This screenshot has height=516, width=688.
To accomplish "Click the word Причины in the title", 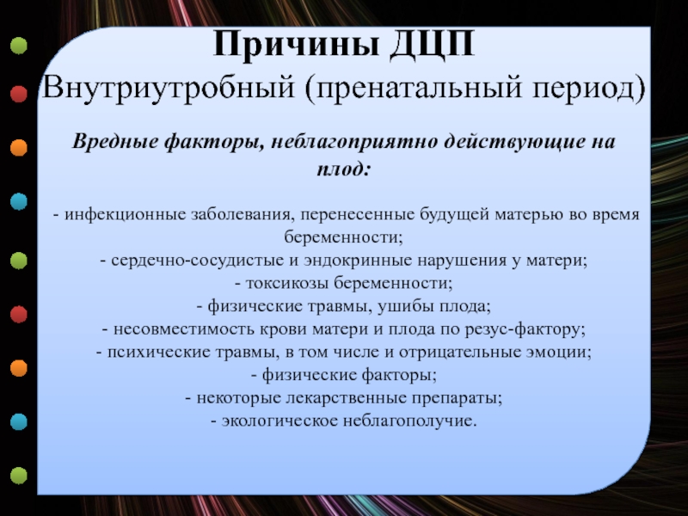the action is tap(296, 44).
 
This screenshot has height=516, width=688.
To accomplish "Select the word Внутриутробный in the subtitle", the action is tap(168, 88).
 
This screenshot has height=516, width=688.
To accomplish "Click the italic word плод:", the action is tap(344, 169).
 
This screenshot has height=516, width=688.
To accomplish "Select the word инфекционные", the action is tap(125, 214).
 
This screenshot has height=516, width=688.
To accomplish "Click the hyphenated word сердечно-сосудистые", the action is tap(197, 261).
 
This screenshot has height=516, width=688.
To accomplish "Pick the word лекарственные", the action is tap(348, 398).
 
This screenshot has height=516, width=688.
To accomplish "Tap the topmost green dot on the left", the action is tap(18, 46).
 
